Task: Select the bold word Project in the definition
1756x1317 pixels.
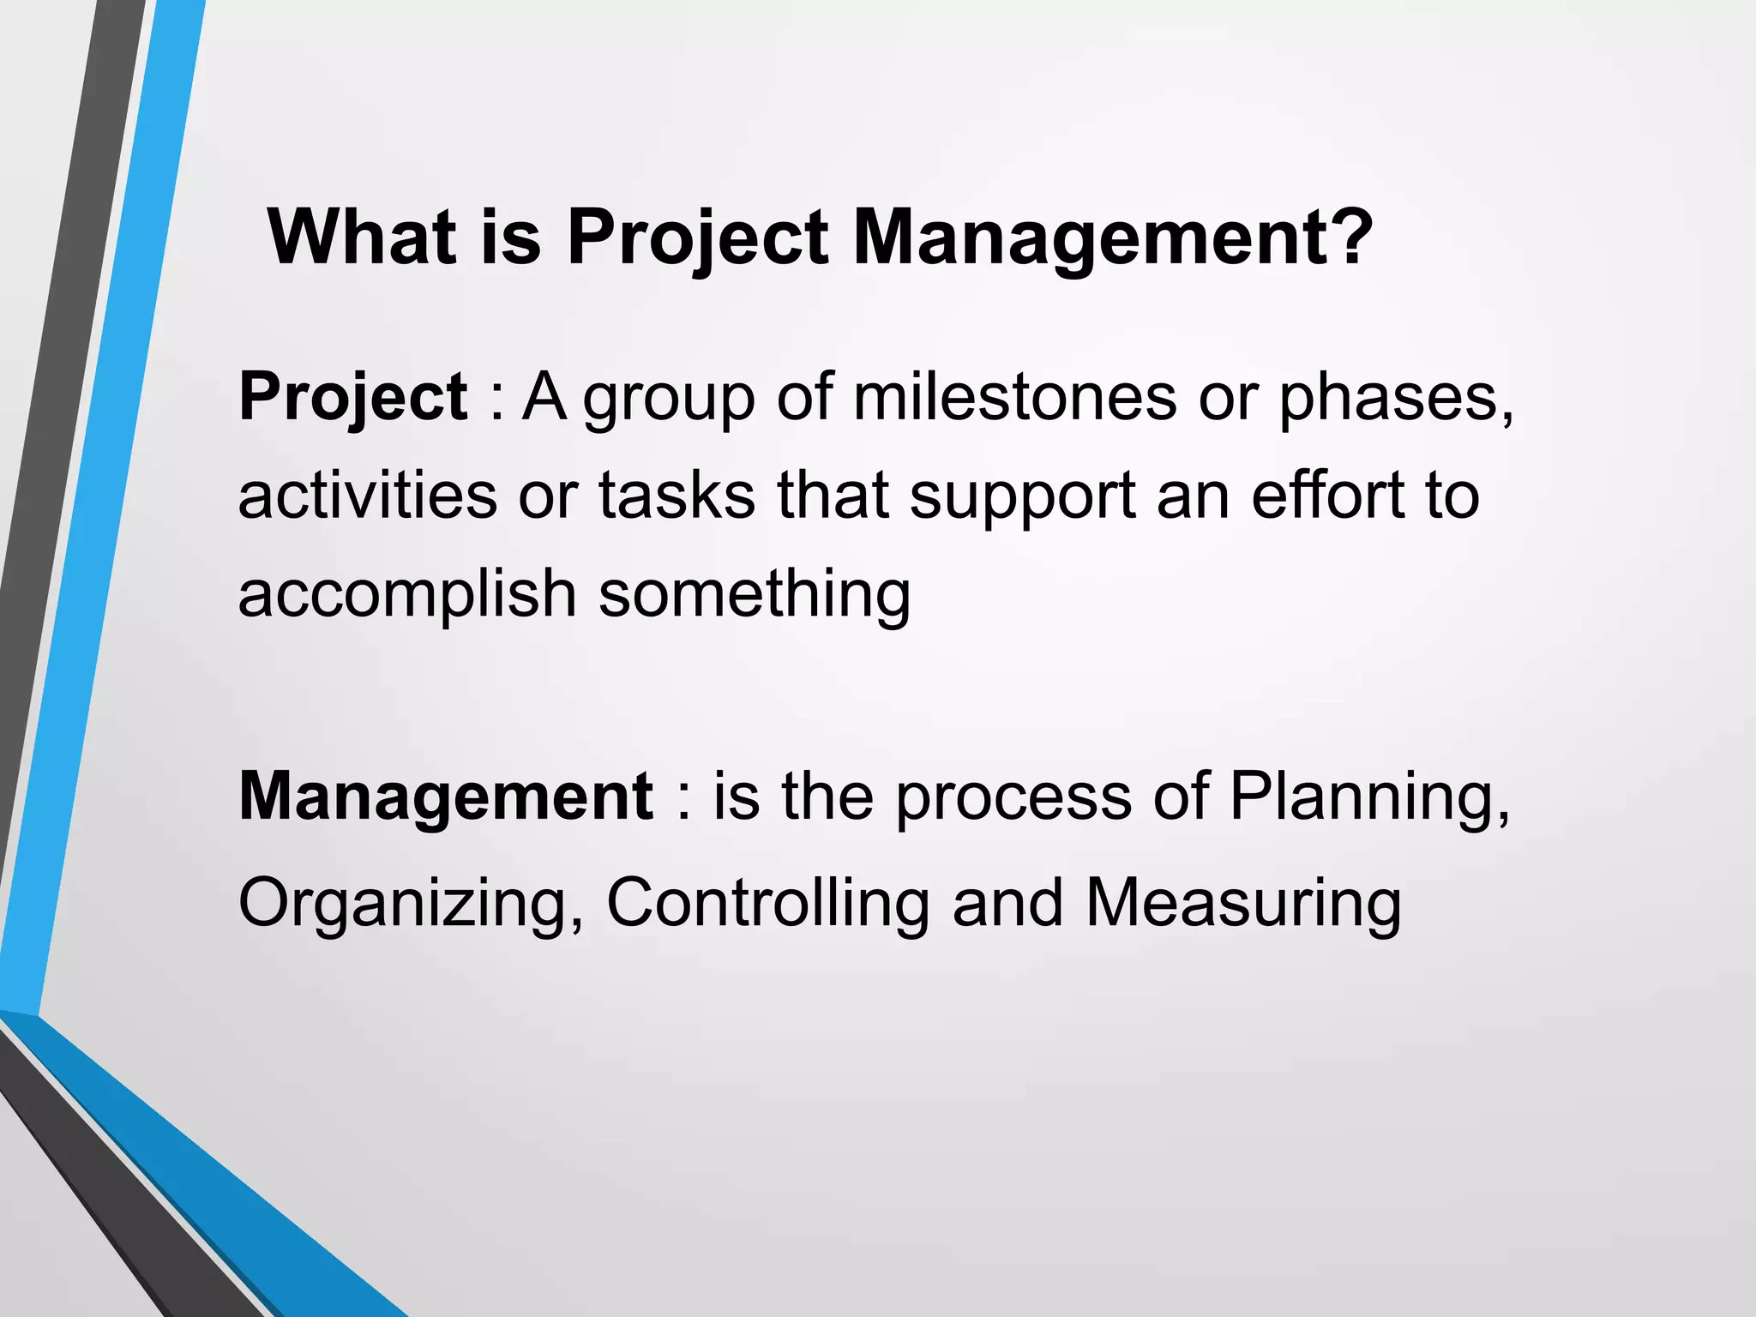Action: point(352,397)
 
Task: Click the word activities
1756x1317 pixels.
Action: point(367,496)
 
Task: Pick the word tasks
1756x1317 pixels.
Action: point(677,496)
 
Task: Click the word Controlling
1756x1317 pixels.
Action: point(767,904)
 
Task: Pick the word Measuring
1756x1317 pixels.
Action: point(1243,904)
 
